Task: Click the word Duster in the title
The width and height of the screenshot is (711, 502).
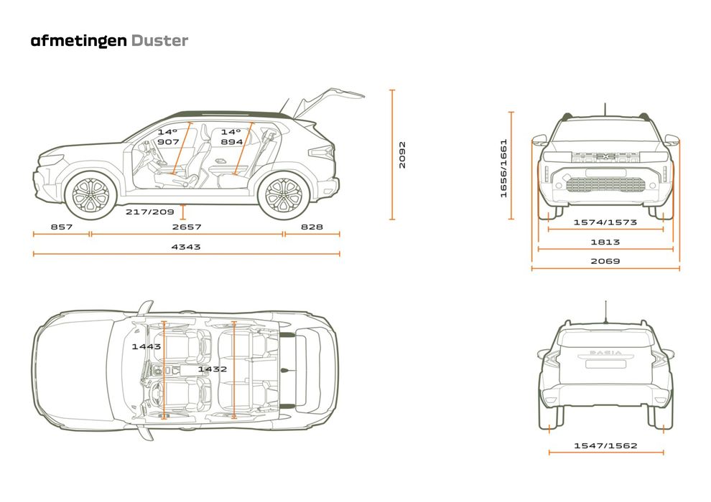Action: pos(159,40)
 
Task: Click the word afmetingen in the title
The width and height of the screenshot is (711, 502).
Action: pos(79,40)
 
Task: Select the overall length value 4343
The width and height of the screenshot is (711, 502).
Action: pos(186,247)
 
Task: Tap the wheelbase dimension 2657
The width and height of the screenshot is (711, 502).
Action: pos(186,227)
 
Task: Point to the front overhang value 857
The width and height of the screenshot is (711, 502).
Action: pos(61,227)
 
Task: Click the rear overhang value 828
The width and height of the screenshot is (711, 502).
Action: pos(311,227)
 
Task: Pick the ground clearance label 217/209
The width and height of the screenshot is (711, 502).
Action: pos(150,212)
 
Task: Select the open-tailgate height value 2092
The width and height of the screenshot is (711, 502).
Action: pos(402,154)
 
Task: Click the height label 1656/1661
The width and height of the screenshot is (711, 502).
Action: pos(503,168)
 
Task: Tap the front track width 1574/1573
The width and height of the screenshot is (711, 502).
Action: pos(605,222)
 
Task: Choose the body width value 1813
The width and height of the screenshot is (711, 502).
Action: pos(605,242)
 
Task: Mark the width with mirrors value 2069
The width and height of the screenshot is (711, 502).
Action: pos(605,261)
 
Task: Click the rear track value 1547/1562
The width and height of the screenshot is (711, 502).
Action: pos(605,445)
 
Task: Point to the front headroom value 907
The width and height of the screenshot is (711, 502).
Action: pos(168,142)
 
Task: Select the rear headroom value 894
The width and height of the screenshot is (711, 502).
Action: pos(231,142)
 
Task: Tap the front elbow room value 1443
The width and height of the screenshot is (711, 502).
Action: pos(147,346)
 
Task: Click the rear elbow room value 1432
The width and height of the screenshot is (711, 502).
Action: pos(213,369)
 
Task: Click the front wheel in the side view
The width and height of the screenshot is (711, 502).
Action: pos(91,194)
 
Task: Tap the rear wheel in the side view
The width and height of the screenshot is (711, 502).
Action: pos(284,194)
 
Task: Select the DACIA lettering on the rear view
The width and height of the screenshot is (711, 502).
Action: pos(605,353)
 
